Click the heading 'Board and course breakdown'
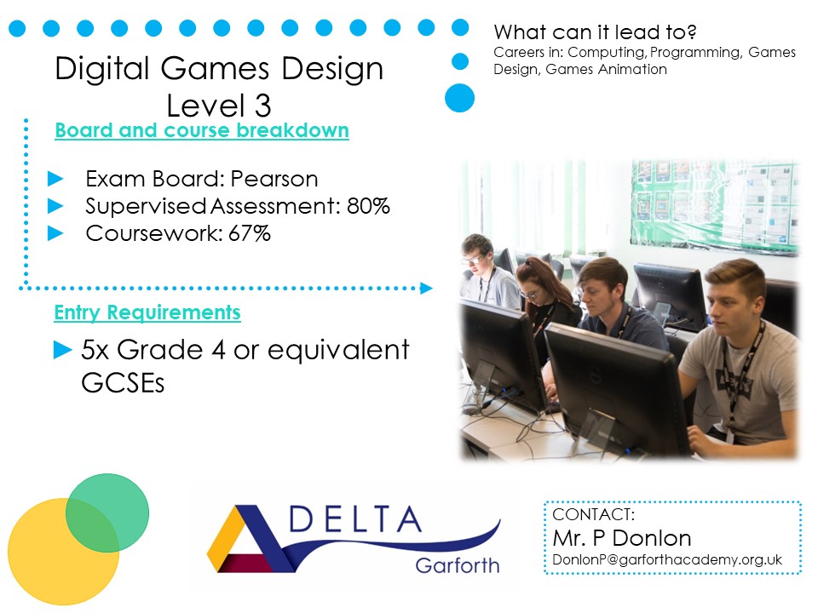(x=201, y=131)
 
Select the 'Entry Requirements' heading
(x=147, y=313)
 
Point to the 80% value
(x=368, y=206)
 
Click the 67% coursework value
(x=249, y=233)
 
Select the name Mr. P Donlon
(x=622, y=538)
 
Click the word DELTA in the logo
(x=354, y=519)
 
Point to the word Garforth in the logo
(x=458, y=565)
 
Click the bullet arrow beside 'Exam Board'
(x=56, y=180)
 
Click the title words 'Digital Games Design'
(x=219, y=69)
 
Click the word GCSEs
(x=123, y=382)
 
